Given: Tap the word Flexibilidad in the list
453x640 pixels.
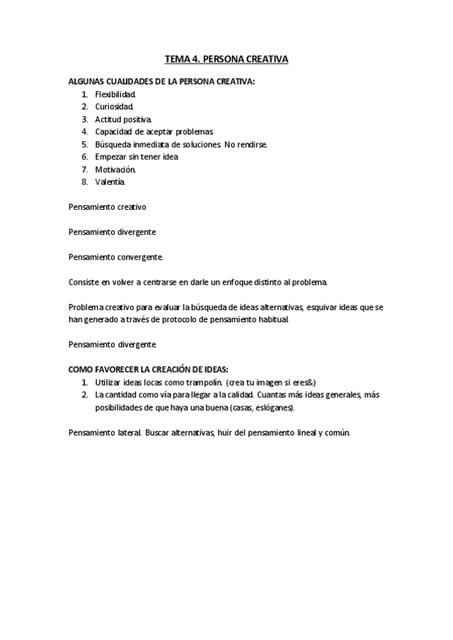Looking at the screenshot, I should [115, 94].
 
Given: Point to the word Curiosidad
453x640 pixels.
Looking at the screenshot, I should [114, 106].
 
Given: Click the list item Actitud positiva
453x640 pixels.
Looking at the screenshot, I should [123, 119].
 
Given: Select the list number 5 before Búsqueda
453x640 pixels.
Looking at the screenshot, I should [85, 143].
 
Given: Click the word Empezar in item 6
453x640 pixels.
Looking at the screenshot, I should [111, 156].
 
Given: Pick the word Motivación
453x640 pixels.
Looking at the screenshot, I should [115, 169].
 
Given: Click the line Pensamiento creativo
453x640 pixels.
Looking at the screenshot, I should [106, 206].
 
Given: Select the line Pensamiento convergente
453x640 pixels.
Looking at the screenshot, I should [116, 257].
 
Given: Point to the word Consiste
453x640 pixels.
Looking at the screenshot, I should [85, 282].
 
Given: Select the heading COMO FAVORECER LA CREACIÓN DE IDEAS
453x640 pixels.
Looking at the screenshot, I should [148, 370].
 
